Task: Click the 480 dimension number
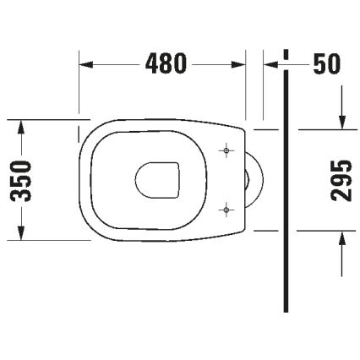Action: pos(165,64)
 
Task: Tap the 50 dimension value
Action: pos(326,64)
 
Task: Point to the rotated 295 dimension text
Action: pos(341,180)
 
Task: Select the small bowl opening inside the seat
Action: pos(158,179)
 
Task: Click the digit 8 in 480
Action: pos(165,64)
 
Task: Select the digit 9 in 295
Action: pos(341,180)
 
